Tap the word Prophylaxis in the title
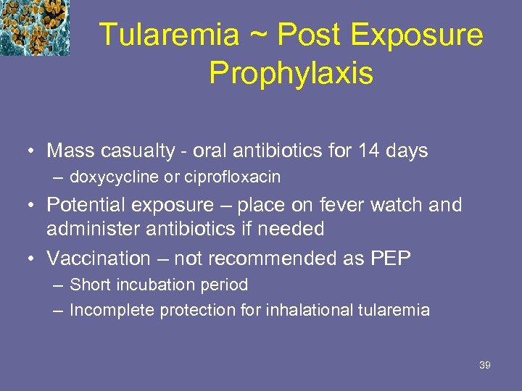pyautogui.click(x=291, y=72)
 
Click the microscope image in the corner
pyautogui.click(x=35, y=28)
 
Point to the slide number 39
pyautogui.click(x=485, y=365)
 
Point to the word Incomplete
pyautogui.click(x=108, y=311)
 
